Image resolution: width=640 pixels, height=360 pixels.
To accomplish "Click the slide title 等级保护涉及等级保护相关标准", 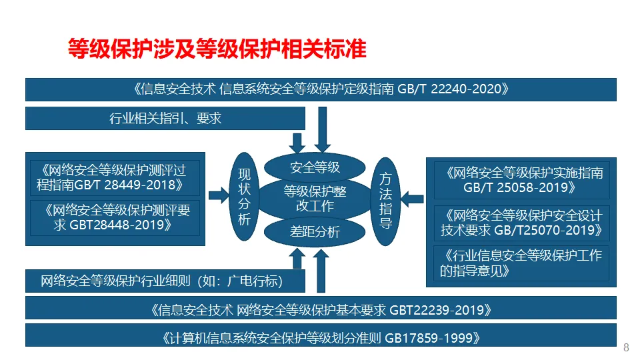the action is (x=218, y=49).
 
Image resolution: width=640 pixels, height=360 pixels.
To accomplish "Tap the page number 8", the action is (x=625, y=347).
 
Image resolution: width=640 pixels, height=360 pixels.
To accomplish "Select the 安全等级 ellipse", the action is (x=315, y=166).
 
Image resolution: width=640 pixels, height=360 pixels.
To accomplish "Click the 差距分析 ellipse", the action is (x=315, y=232).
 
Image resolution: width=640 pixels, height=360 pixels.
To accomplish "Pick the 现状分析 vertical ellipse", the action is (x=244, y=197).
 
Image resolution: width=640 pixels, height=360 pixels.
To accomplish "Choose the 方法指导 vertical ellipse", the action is (x=385, y=199).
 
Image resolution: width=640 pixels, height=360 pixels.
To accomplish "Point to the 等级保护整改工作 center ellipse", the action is (x=315, y=199).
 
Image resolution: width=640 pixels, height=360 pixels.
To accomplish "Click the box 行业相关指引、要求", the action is (x=165, y=119).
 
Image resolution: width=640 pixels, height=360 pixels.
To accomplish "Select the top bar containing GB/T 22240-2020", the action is (x=321, y=89).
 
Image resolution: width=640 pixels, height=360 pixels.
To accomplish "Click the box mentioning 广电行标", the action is (x=165, y=281).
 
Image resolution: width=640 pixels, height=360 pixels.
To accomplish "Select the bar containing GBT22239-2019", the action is (x=321, y=309).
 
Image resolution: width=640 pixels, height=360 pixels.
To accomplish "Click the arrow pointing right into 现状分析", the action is (x=218, y=195).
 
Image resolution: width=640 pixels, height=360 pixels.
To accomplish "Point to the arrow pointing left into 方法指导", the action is (x=414, y=197).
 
